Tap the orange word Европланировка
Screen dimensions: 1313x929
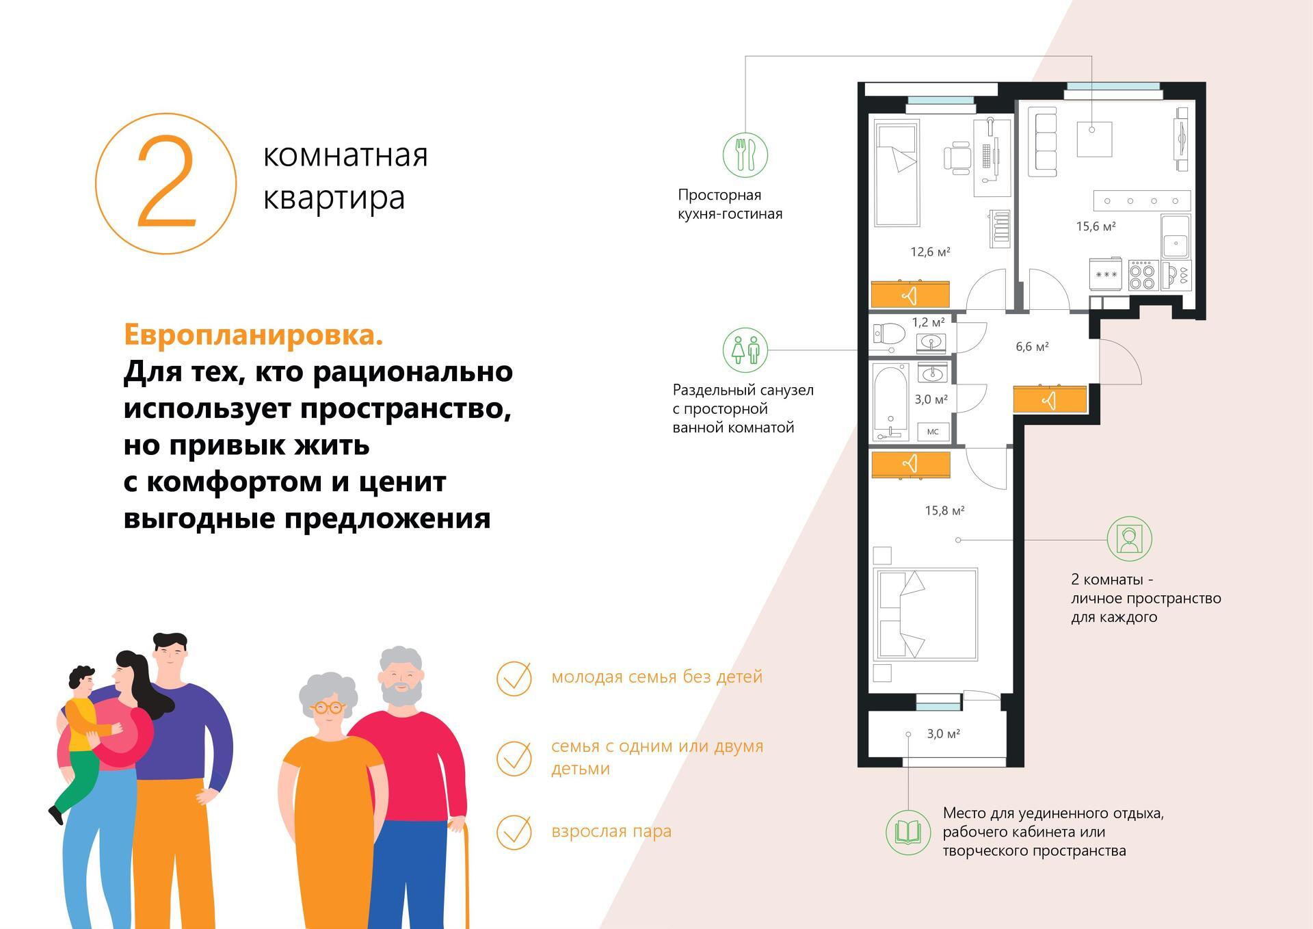pyautogui.click(x=253, y=335)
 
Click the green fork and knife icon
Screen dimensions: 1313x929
pyautogui.click(x=745, y=155)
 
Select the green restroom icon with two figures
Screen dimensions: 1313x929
pyautogui.click(x=745, y=350)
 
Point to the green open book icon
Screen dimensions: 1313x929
pyautogui.click(x=908, y=833)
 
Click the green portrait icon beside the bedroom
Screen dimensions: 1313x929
pyautogui.click(x=1130, y=539)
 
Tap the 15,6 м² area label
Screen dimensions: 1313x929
pyautogui.click(x=1096, y=226)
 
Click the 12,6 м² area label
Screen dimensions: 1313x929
pyautogui.click(x=930, y=252)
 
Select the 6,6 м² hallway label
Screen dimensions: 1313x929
pyautogui.click(x=1032, y=347)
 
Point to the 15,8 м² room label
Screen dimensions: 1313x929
pyautogui.click(x=944, y=510)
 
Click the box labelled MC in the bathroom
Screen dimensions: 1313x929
pyautogui.click(x=933, y=432)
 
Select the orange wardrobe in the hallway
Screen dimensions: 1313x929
pyautogui.click(x=1050, y=400)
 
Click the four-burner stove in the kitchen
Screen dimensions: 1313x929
pyautogui.click(x=1142, y=276)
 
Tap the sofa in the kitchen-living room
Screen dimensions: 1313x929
pyautogui.click(x=1046, y=143)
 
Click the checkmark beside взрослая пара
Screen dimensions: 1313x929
pyautogui.click(x=514, y=832)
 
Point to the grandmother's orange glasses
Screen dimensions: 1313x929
pyautogui.click(x=329, y=708)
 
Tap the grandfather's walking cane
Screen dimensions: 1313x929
pyautogui.click(x=466, y=876)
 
